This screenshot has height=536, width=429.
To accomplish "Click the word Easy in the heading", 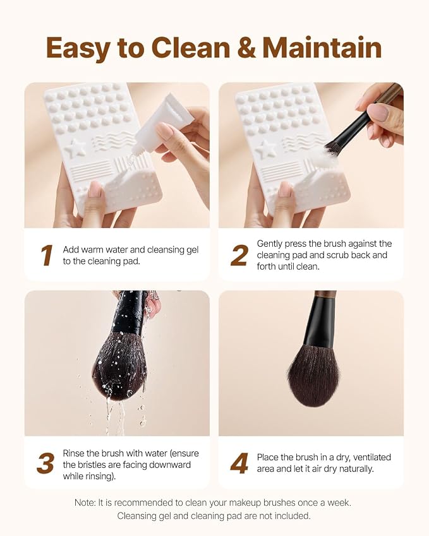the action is click(x=78, y=49).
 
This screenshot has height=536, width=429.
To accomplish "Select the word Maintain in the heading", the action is click(x=322, y=47).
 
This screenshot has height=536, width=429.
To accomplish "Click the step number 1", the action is click(x=47, y=255).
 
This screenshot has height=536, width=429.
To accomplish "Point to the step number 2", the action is click(x=239, y=255).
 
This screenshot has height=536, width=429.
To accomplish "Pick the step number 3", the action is click(x=45, y=463).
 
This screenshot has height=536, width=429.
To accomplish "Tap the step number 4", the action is click(x=239, y=463).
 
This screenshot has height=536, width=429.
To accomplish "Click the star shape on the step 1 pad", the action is click(x=76, y=147).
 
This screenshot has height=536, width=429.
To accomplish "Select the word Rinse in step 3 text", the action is click(x=73, y=453).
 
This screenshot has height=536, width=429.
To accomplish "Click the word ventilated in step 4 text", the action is click(x=372, y=457).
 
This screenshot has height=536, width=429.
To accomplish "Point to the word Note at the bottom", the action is click(x=85, y=503).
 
